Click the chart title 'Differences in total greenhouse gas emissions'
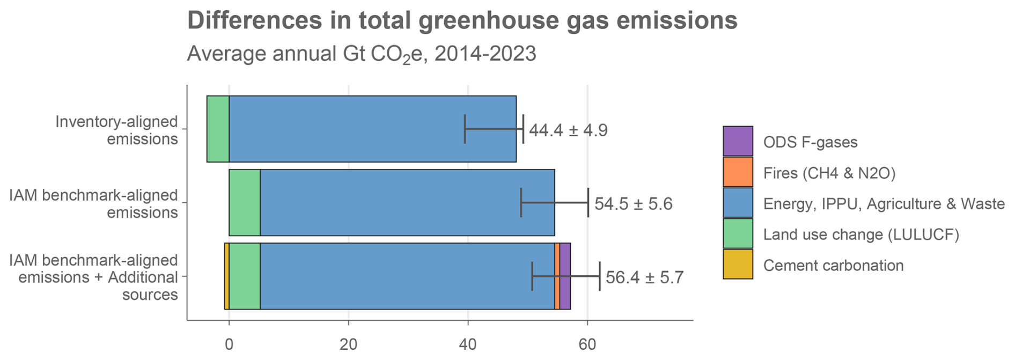click(462, 21)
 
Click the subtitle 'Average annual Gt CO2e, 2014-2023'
click(361, 54)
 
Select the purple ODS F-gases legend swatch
click(738, 141)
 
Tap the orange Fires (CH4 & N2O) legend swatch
click(738, 172)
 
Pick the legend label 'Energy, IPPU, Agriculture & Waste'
click(884, 204)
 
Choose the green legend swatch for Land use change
click(738, 233)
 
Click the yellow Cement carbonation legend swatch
click(738, 265)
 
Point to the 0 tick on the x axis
click(229, 343)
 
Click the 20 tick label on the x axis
click(348, 343)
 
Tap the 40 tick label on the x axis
click(468, 343)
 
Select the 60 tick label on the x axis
click(587, 343)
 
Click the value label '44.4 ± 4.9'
click(568, 130)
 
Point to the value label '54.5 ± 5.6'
click(633, 204)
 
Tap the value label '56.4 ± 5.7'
click(644, 277)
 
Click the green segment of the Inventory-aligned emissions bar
click(218, 129)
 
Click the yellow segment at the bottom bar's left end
click(227, 276)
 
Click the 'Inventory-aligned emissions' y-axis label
click(116, 130)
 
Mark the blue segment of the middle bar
click(407, 202)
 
